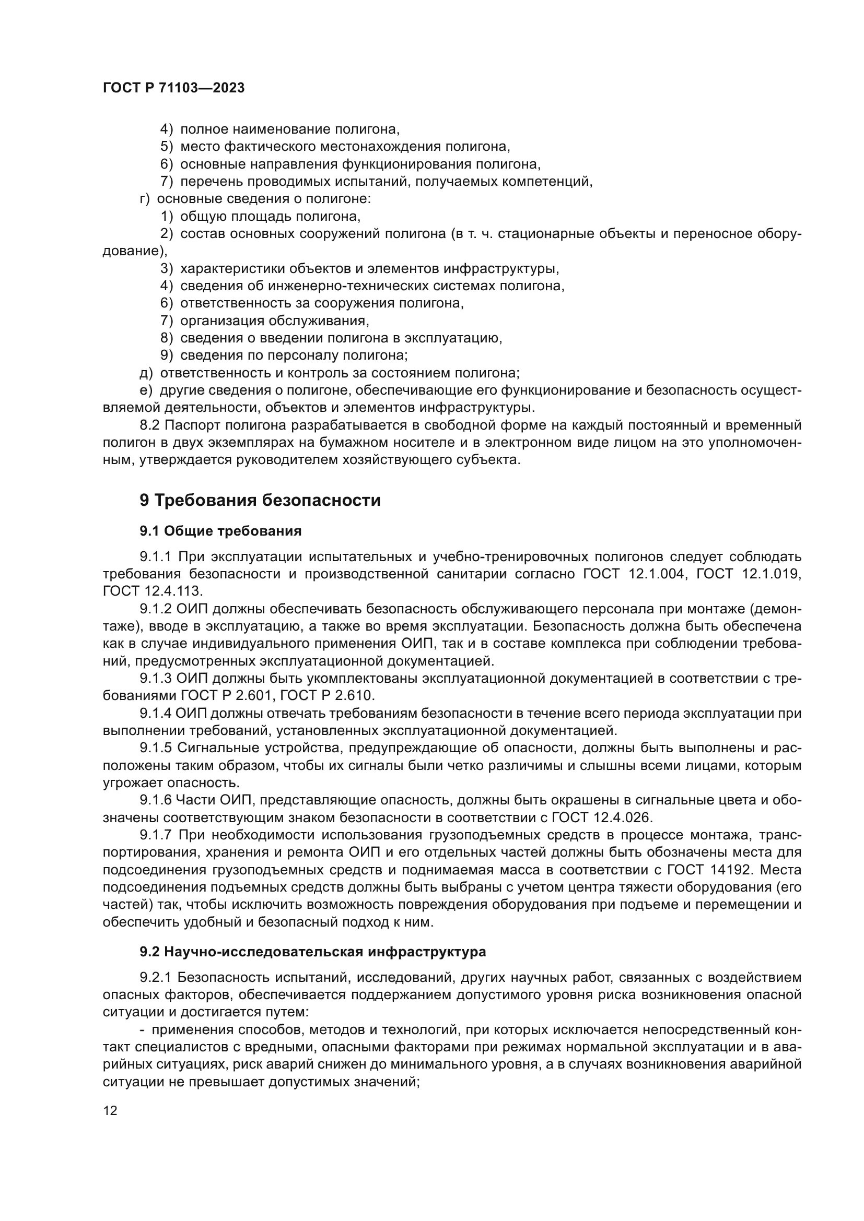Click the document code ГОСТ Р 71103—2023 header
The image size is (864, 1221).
pos(173,88)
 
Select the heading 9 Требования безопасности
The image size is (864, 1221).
pos(260,501)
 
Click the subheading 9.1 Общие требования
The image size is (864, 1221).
pos(221,531)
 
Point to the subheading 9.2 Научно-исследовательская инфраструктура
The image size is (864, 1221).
pos(313,952)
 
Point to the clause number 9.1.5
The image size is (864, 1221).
pos(155,748)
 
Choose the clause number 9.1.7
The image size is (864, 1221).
pos(155,835)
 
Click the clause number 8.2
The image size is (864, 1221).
pos(149,425)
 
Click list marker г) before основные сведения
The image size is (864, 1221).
pos(145,199)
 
